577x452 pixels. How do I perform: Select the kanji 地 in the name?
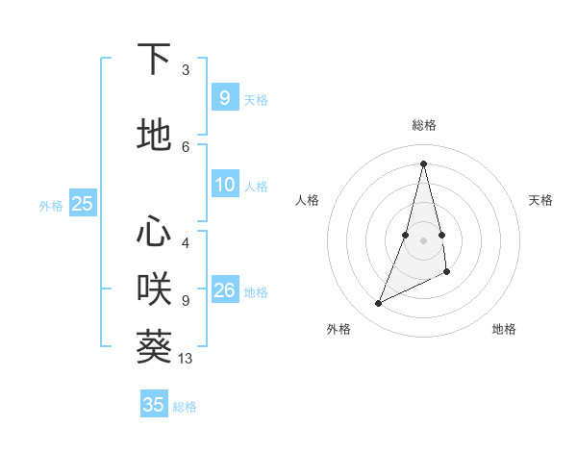(x=154, y=136)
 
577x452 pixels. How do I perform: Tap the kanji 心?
(x=154, y=232)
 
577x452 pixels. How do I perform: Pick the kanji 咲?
(x=154, y=288)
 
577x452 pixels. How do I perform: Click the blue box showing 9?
(x=225, y=98)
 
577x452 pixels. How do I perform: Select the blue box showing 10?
(x=225, y=186)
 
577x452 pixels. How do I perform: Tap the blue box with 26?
(x=225, y=290)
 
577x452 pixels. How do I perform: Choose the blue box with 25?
(x=82, y=204)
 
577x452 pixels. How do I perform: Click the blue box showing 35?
(x=154, y=405)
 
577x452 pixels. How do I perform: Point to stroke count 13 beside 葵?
(x=186, y=359)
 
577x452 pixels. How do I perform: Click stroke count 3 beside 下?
(x=186, y=70)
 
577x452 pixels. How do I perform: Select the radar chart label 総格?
(x=424, y=125)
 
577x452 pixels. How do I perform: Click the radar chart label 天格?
(x=540, y=200)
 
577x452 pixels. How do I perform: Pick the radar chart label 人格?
(x=307, y=200)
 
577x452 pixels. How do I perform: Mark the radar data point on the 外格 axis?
(x=378, y=304)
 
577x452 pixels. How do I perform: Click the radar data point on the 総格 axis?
(x=424, y=163)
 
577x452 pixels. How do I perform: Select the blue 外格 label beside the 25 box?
(x=51, y=205)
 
